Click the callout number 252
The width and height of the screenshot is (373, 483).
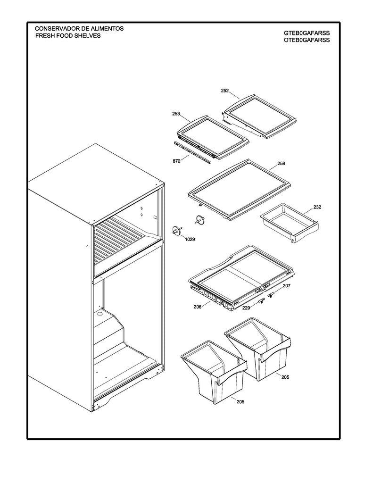pos(225,90)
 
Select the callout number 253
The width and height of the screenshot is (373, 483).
pos(176,114)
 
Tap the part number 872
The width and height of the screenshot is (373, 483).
pos(176,161)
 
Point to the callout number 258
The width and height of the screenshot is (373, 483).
pos(281,164)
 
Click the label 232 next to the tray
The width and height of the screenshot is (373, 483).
pos(317,207)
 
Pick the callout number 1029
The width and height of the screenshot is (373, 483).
pos(190,240)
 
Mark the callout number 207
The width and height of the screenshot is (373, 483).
pos(287,286)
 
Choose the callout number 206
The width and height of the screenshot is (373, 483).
pos(198,307)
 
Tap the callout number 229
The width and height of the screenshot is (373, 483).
pos(246,308)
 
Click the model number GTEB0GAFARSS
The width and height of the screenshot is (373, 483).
pos(307,33)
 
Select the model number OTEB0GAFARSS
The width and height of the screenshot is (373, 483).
pos(307,40)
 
